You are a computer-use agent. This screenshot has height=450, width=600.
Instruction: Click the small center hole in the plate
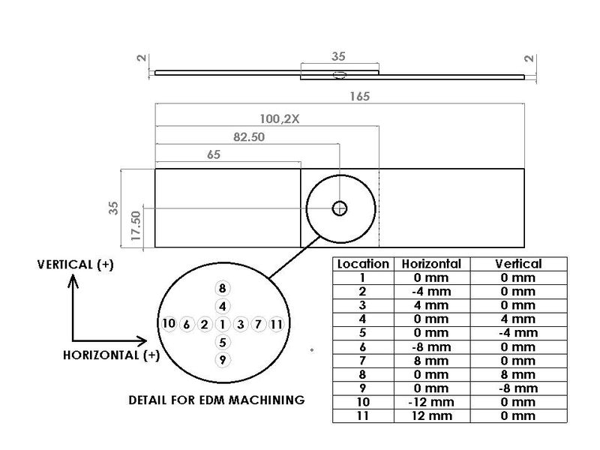[340, 208]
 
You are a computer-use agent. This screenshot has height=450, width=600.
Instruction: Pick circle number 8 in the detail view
[222, 288]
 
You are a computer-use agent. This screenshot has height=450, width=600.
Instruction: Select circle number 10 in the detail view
[169, 324]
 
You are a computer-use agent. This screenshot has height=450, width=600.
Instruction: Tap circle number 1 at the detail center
[222, 324]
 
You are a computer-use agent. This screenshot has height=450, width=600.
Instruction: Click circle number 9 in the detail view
[222, 360]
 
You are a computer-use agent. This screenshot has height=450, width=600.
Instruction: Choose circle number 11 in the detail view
[277, 324]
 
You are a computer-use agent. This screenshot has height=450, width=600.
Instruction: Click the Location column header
[363, 264]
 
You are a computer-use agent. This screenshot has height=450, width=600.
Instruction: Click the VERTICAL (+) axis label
[74, 265]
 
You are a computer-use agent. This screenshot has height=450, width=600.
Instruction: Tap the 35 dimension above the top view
[340, 55]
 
